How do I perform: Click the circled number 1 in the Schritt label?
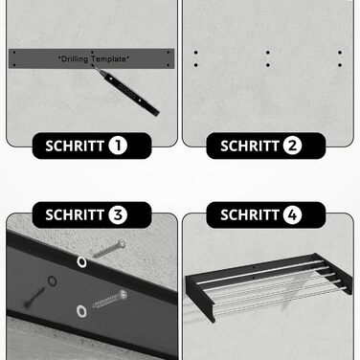[118, 146]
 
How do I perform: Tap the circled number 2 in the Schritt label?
[292, 146]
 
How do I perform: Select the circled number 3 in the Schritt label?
[118, 214]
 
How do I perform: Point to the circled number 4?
[292, 214]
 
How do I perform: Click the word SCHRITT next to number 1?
[75, 146]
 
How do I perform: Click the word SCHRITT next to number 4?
[250, 214]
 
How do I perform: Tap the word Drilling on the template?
[75, 59]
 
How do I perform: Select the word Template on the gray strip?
[109, 58]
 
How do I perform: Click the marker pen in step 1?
[126, 90]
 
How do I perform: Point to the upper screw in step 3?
[109, 249]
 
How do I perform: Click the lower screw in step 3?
[110, 299]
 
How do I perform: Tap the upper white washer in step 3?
[81, 262]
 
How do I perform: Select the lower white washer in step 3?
[81, 311]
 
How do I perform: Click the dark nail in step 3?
[34, 297]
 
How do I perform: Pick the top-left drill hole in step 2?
[196, 53]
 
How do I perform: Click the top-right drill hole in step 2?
[340, 53]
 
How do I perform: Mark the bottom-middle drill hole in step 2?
[268, 65]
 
